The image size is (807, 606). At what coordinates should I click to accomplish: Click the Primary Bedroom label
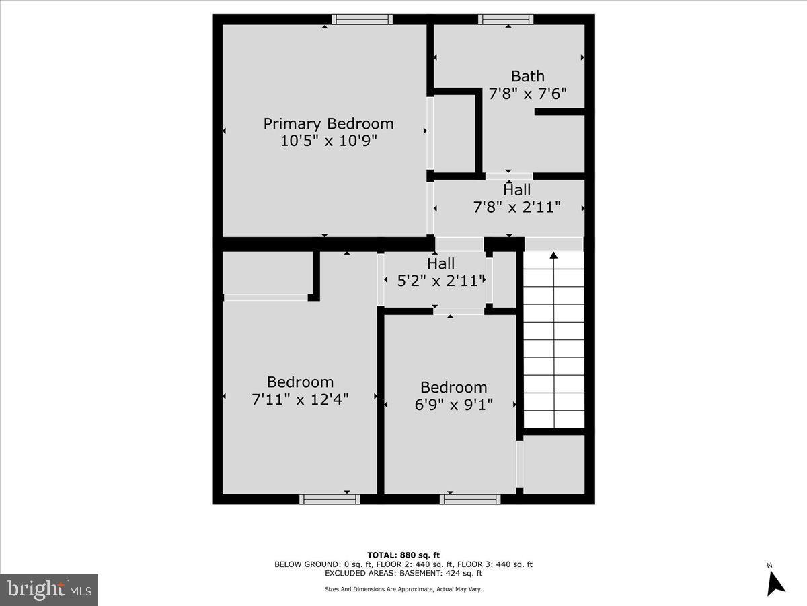pos(328,124)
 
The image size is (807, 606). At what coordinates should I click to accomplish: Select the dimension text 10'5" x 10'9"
pos(328,141)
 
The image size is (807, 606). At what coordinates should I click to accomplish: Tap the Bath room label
pos(527,76)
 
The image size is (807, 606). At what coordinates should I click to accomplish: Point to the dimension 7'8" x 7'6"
pos(527,94)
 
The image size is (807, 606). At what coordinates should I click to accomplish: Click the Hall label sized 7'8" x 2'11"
pos(516,190)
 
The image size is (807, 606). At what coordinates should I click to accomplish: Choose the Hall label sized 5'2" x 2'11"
pos(440,263)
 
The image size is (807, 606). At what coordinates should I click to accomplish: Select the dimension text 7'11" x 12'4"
pos(300,399)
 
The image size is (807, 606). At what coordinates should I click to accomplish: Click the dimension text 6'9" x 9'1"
pos(453,405)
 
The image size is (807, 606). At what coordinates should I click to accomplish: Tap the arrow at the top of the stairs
pos(553,255)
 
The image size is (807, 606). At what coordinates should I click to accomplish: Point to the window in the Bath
pos(506,20)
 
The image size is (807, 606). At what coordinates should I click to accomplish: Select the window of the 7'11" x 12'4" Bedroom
pos(330,499)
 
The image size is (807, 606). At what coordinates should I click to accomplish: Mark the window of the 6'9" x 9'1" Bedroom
pos(470,499)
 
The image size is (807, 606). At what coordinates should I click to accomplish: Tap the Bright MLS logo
pos(49,590)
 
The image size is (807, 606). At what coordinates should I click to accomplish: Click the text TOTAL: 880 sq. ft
pos(403,555)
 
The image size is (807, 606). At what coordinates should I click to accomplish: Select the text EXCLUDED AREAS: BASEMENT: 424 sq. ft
pos(403,574)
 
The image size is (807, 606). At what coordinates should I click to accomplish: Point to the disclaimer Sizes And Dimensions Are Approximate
pos(403,589)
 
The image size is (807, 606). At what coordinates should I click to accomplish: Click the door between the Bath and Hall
pos(508,176)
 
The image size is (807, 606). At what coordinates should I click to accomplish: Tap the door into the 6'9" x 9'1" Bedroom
pos(458,311)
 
